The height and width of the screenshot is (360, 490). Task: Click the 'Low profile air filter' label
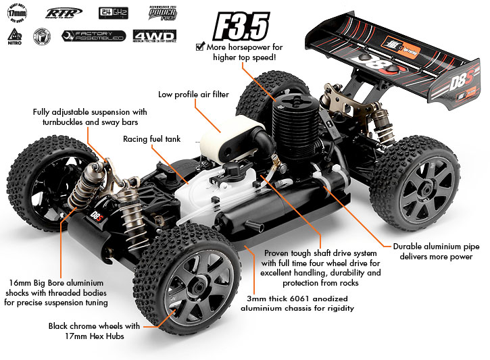pos(193,95)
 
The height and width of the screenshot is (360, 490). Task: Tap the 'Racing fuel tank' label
pos(151,139)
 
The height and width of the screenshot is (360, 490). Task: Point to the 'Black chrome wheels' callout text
pos(95,330)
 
